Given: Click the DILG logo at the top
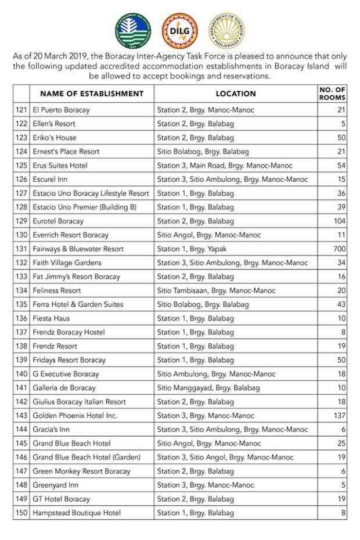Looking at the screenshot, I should pos(179,30).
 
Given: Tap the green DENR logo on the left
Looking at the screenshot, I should pos(132,30).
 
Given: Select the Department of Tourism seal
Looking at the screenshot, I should pos(226,30).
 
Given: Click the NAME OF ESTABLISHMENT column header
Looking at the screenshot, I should pos(92,93).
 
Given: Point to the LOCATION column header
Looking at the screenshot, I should pos(236,93).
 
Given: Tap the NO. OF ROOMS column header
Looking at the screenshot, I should pos(332,93).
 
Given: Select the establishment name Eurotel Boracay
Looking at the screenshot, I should pos(58,221).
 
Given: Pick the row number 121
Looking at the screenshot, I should pos(21,110).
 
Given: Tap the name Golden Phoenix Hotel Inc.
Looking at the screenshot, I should pos(75,416).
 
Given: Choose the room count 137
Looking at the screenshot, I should pos(339,416).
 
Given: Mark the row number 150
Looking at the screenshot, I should pos(21,513).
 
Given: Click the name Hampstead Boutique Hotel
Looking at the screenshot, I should pos(77,513).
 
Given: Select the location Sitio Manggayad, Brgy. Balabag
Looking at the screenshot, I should pos(208,388).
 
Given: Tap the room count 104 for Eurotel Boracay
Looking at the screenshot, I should pos(339,221).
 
